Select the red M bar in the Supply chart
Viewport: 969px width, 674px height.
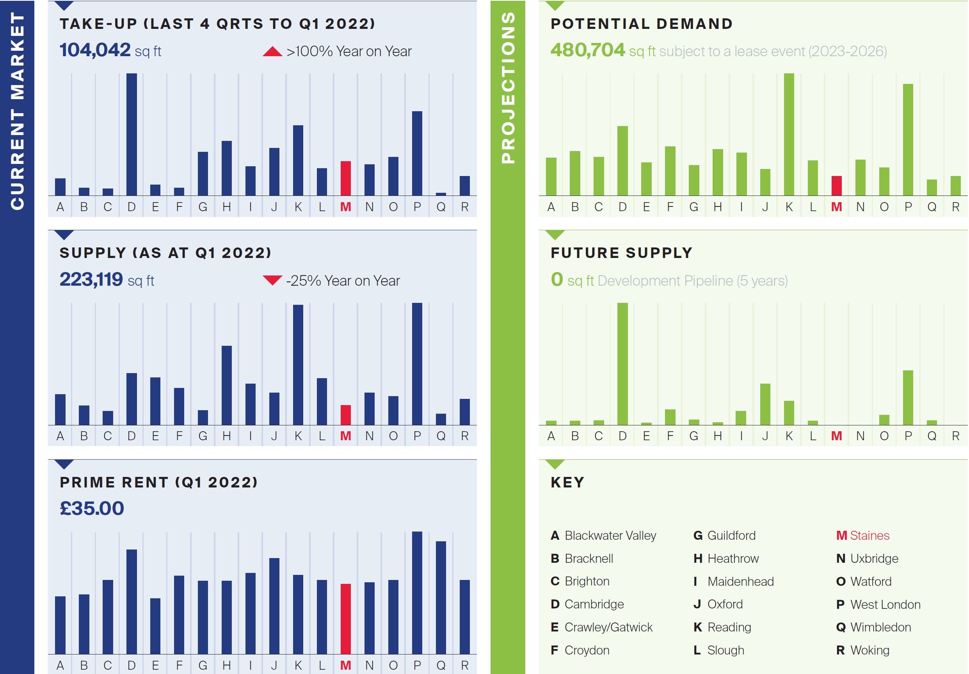(x=346, y=415)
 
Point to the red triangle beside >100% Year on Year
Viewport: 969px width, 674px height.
(x=272, y=52)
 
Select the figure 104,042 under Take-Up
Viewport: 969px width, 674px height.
(x=95, y=50)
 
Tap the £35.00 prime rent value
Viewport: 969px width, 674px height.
(x=92, y=508)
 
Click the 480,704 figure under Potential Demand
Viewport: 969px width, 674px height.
(x=587, y=50)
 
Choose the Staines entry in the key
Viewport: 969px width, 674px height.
(x=863, y=535)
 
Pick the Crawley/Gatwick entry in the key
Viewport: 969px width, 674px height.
(x=602, y=627)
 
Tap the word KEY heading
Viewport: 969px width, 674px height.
(x=567, y=482)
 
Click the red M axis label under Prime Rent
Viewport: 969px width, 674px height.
(x=346, y=665)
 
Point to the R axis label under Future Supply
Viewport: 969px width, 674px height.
(x=955, y=436)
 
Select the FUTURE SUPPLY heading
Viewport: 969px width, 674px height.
(x=621, y=253)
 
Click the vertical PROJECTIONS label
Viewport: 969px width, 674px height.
(x=508, y=87)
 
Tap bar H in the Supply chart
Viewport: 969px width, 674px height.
(x=227, y=385)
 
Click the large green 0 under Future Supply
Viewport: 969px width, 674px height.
(x=557, y=279)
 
